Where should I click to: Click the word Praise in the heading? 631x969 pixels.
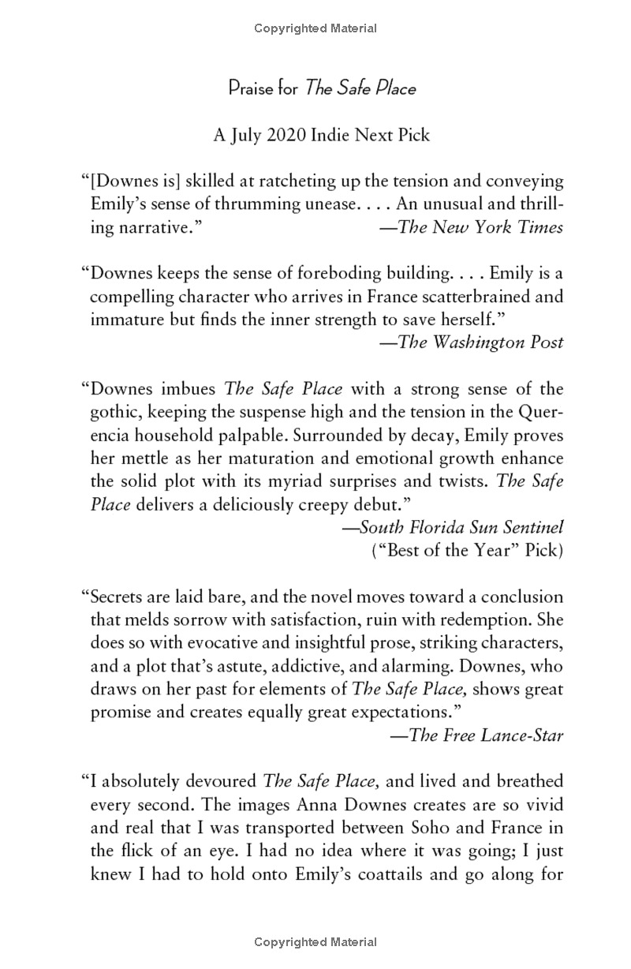click(252, 88)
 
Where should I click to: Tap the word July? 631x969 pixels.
click(245, 135)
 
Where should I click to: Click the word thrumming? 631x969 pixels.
click(251, 204)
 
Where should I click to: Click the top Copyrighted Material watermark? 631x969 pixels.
click(315, 28)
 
